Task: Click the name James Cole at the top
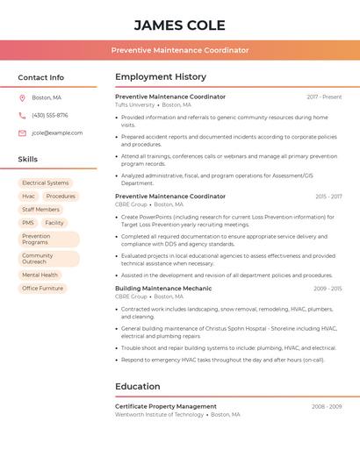click(180, 25)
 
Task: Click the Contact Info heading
click(40, 77)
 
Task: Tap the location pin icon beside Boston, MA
click(22, 97)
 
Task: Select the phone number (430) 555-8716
click(49, 115)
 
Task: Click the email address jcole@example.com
click(57, 132)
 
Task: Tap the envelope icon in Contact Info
click(22, 132)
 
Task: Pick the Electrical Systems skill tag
click(45, 183)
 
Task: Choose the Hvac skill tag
click(29, 197)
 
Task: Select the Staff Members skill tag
click(40, 210)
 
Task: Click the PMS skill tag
click(28, 223)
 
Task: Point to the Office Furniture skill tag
click(42, 288)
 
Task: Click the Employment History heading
click(161, 77)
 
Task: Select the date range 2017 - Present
click(324, 97)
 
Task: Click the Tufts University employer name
click(134, 104)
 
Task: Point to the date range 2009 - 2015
click(328, 288)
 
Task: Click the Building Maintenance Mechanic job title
click(163, 288)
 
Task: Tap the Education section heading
click(137, 386)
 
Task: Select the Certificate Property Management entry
click(166, 406)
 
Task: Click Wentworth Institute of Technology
click(159, 414)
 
